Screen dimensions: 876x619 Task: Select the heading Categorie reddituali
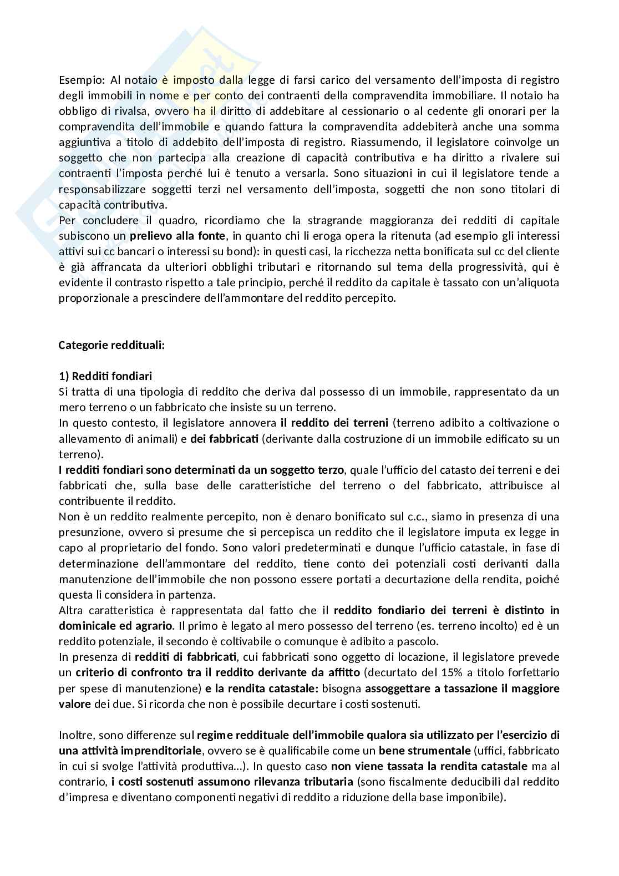(x=111, y=345)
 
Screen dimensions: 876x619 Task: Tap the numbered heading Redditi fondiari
(x=105, y=376)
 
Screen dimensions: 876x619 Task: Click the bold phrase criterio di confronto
(x=123, y=673)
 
